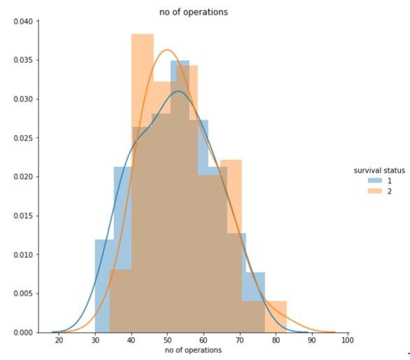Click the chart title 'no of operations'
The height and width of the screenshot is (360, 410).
pyautogui.click(x=194, y=12)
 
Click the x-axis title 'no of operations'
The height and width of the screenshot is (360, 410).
pyautogui.click(x=193, y=350)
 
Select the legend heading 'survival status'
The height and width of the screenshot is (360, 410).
pyautogui.click(x=379, y=171)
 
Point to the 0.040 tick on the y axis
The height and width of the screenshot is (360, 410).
pyautogui.click(x=22, y=21)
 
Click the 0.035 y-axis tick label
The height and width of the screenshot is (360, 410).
pyautogui.click(x=22, y=60)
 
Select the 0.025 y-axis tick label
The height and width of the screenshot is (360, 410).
pyautogui.click(x=22, y=138)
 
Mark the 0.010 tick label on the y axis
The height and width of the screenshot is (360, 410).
pyautogui.click(x=22, y=254)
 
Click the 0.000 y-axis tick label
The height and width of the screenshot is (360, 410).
pyautogui.click(x=22, y=333)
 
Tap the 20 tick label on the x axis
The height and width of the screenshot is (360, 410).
pyautogui.click(x=59, y=340)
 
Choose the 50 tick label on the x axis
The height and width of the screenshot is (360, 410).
pyautogui.click(x=168, y=340)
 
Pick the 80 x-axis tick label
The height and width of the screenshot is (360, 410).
pyautogui.click(x=276, y=340)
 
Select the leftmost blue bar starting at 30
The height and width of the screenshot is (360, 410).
pyautogui.click(x=102, y=287)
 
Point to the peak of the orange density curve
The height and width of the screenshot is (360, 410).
pyautogui.click(x=168, y=50)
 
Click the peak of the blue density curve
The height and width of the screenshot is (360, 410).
pyautogui.click(x=178, y=91)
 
